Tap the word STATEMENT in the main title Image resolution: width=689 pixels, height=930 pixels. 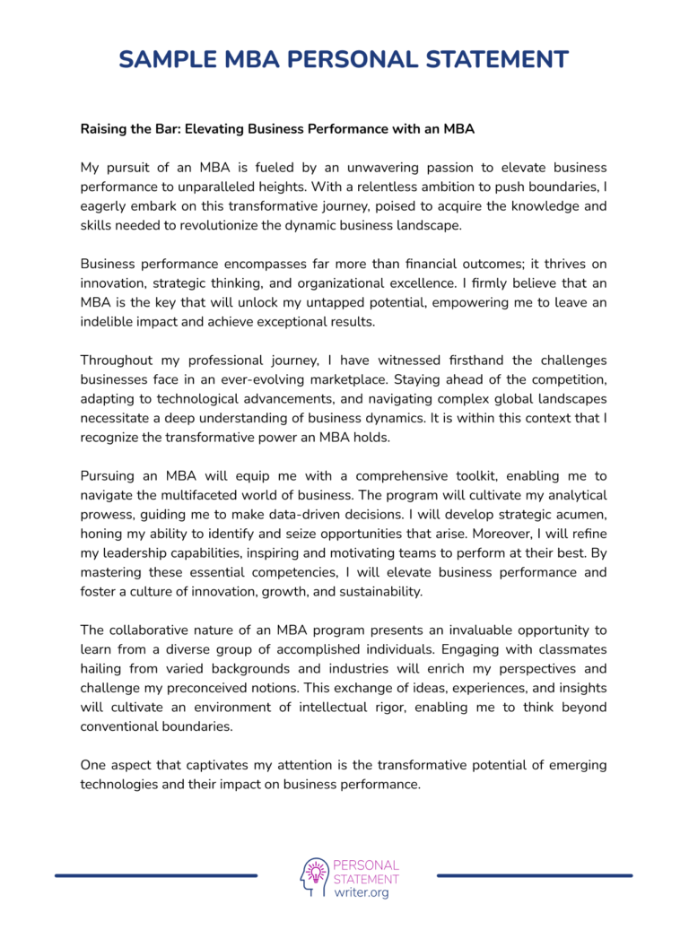[490, 59]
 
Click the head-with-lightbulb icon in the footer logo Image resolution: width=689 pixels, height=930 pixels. [315, 876]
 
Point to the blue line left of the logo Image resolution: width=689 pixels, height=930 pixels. [156, 875]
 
